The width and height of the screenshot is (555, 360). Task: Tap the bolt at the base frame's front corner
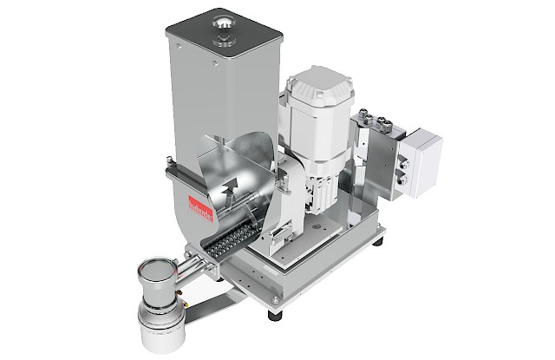point(275,298)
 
